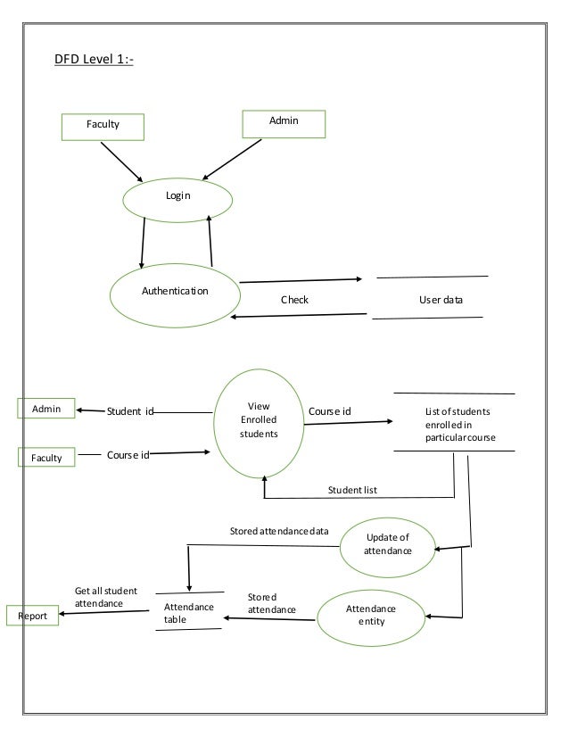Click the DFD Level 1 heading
95,62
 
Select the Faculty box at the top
102,126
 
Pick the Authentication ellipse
175,291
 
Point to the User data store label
441,300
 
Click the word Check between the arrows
294,300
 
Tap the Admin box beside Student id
46,409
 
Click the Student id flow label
130,411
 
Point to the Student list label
352,490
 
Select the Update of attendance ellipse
388,544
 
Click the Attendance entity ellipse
373,614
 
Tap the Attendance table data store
189,612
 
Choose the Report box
33,616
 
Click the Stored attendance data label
279,532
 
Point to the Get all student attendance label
105,597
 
